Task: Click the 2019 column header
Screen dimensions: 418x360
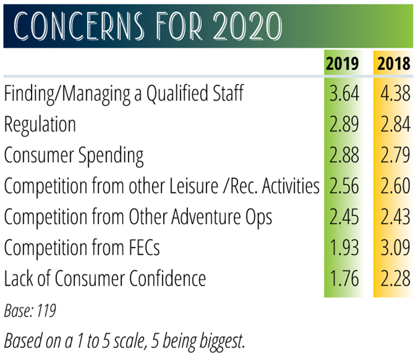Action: pos(342,64)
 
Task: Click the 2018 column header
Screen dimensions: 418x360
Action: pos(394,64)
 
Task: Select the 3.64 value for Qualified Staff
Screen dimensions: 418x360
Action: pos(344,93)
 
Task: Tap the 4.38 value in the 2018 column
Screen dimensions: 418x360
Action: pos(395,93)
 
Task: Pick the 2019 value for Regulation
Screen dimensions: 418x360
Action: pos(344,124)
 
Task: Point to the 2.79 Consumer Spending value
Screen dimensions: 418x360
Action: pos(395,155)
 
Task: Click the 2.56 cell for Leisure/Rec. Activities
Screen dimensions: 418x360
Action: pos(344,186)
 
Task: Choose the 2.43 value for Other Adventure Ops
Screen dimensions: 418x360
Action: pos(395,217)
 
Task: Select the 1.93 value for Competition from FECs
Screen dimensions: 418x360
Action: pos(344,248)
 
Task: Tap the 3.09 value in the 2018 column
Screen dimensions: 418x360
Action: pos(395,248)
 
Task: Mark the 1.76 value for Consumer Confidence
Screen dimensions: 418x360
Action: pos(344,278)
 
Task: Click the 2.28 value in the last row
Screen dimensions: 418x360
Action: pos(395,278)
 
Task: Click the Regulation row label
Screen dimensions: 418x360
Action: pos(40,126)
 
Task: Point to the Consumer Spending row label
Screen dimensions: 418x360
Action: pos(74,156)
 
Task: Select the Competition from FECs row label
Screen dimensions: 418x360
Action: pos(82,248)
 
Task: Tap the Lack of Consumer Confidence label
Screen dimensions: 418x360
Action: pos(105,278)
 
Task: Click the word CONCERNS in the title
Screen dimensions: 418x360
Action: pos(79,26)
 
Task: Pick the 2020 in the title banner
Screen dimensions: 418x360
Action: pos(247,26)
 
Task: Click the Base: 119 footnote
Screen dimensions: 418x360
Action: pos(30,311)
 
